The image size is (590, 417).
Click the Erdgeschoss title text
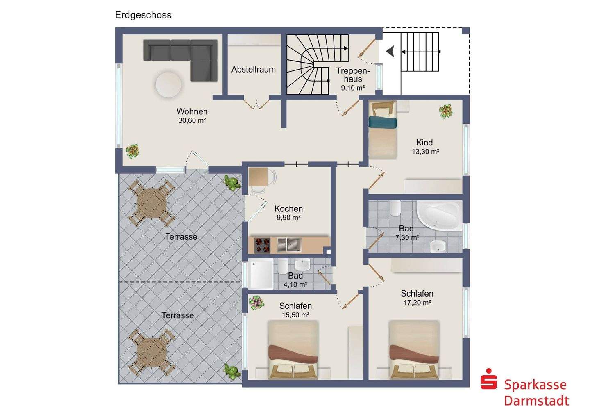tap(143, 15)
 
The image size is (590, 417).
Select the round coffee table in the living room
tap(168, 84)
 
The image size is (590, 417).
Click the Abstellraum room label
tap(253, 70)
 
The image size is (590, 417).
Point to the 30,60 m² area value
tap(192, 120)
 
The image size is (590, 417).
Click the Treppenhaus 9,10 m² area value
tap(353, 88)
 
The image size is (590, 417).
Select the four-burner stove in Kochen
tap(262, 245)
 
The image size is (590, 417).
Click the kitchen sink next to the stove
tap(289, 245)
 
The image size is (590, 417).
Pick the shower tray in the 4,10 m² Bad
tap(261, 274)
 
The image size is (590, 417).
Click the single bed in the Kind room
tap(383, 130)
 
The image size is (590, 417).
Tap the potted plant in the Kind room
tap(446, 111)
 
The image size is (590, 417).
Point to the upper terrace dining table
tap(152, 203)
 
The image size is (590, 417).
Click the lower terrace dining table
tap(152, 352)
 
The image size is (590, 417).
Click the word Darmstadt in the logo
tap(537, 401)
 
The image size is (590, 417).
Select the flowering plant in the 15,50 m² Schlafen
tap(256, 302)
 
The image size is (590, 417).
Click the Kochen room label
tap(288, 209)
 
